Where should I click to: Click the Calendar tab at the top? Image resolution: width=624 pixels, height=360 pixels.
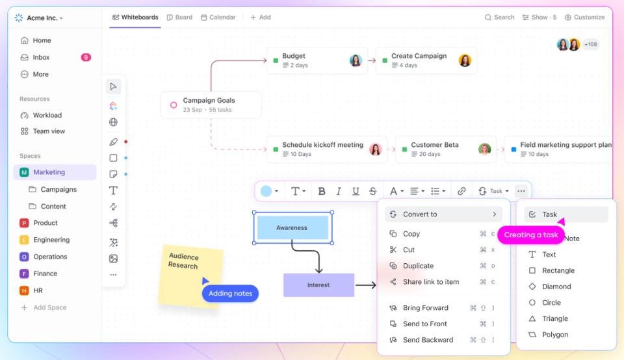pyautogui.click(x=218, y=18)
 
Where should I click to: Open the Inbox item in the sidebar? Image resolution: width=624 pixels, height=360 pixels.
pyautogui.click(x=41, y=57)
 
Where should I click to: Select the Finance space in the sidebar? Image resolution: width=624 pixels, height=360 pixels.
pyautogui.click(x=45, y=274)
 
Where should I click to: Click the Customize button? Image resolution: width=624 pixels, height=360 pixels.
pyautogui.click(x=584, y=18)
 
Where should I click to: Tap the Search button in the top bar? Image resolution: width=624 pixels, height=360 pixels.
pyautogui.click(x=499, y=18)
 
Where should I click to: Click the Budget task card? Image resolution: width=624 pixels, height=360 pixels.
pyautogui.click(x=317, y=60)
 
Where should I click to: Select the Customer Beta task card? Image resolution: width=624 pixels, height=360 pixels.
pyautogui.click(x=446, y=149)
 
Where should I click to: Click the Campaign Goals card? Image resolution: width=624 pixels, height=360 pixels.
pyautogui.click(x=211, y=105)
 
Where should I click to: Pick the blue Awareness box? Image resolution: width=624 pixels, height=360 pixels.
pyautogui.click(x=292, y=228)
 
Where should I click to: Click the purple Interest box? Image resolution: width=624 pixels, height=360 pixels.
pyautogui.click(x=318, y=285)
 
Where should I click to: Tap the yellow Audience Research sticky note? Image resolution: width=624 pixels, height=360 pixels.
pyautogui.click(x=187, y=270)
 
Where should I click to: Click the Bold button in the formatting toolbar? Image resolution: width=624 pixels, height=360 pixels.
pyautogui.click(x=322, y=191)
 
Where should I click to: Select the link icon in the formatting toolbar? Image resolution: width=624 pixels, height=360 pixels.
pyautogui.click(x=461, y=191)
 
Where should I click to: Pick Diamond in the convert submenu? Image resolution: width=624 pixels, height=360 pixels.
pyautogui.click(x=556, y=287)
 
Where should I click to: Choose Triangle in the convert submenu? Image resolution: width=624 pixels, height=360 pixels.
pyautogui.click(x=554, y=318)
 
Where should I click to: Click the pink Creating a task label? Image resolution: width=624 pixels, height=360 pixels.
pyautogui.click(x=531, y=235)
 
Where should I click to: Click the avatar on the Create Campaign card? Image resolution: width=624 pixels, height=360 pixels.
pyautogui.click(x=465, y=60)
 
